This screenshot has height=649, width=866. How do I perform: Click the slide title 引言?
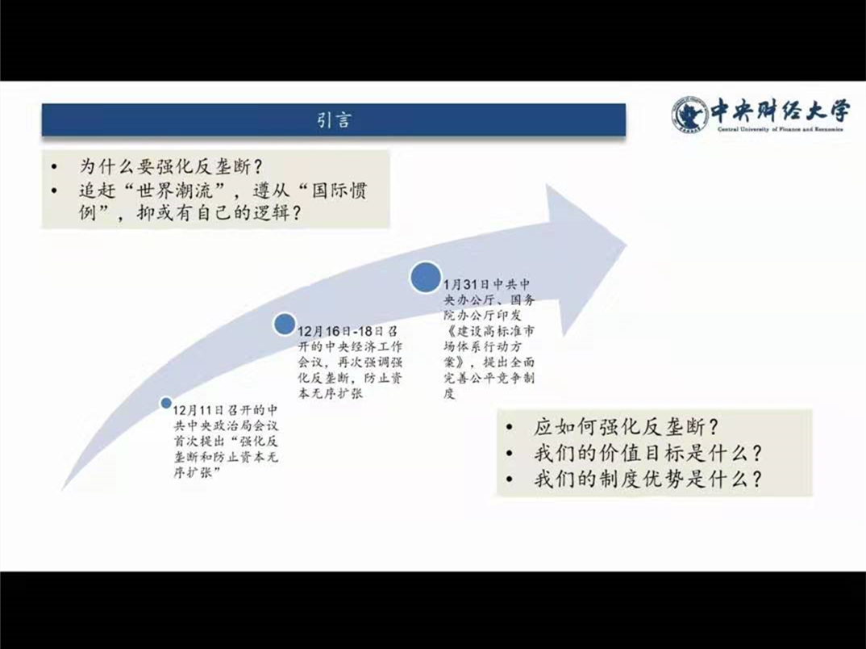(334, 120)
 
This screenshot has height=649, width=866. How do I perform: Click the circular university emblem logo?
(690, 115)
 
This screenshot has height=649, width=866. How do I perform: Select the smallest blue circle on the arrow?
(165, 403)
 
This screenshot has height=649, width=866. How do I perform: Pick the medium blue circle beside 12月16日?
(285, 324)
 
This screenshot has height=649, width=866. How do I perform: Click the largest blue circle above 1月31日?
(426, 277)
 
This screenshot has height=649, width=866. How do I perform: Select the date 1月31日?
(467, 285)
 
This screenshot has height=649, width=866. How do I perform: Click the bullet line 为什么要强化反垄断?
(171, 166)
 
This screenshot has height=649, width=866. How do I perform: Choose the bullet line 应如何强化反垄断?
(627, 427)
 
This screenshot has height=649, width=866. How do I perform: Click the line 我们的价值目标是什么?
(647, 454)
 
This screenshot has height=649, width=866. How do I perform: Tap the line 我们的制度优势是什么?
(647, 479)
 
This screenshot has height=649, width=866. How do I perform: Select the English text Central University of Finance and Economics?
(781, 129)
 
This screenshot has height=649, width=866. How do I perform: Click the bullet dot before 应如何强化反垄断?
(510, 428)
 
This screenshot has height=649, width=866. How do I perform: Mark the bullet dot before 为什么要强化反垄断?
(53, 167)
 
